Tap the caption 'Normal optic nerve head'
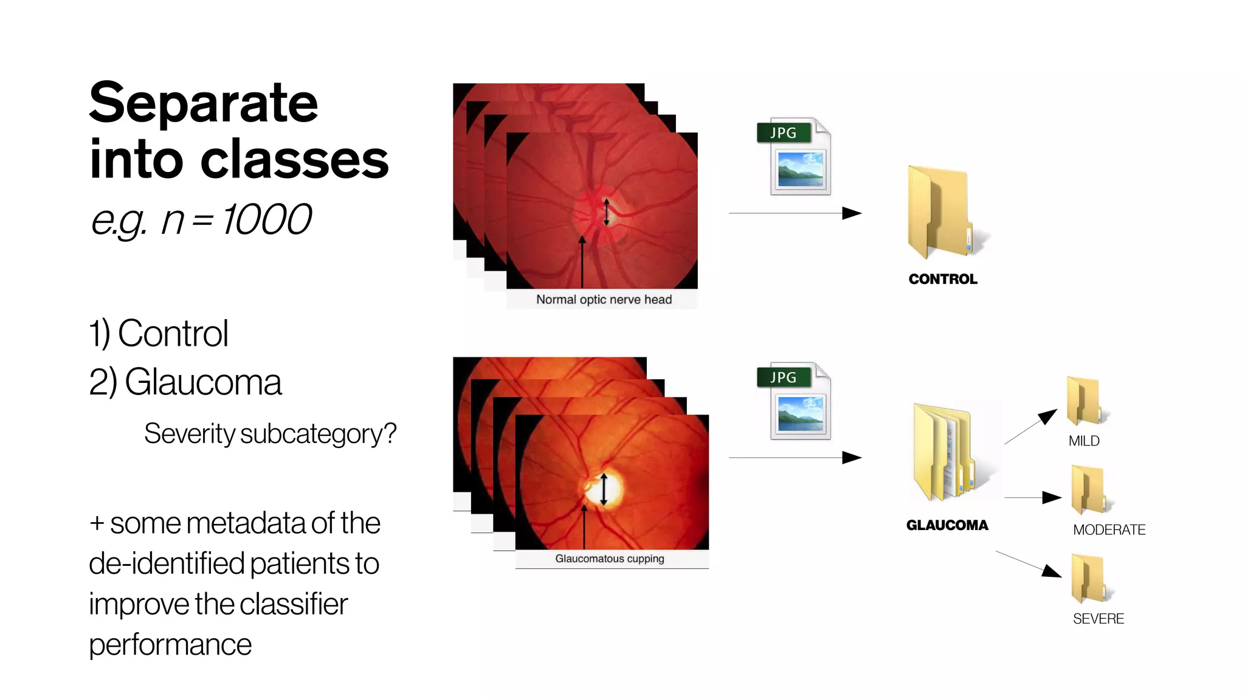604,300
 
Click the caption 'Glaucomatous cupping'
610,559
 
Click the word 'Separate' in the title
204,103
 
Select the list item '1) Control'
159,334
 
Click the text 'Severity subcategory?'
270,434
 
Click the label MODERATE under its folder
1109,530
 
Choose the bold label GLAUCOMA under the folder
947,525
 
